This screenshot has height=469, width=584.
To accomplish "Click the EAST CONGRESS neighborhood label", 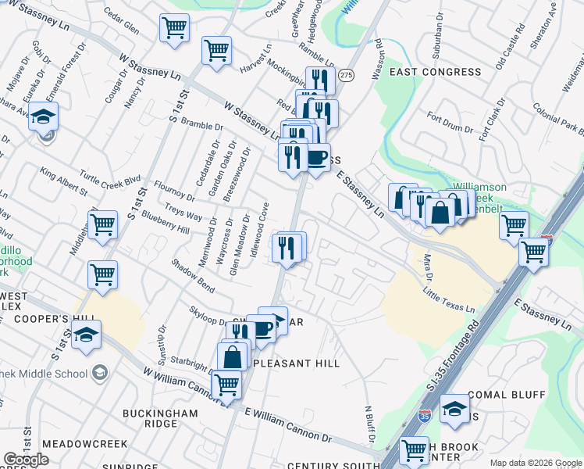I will coord(436,72).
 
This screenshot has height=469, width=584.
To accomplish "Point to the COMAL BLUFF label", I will coord(506,395).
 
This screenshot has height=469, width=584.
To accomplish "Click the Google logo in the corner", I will coord(26,460).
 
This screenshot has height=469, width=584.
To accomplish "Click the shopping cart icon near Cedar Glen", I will coord(175,29).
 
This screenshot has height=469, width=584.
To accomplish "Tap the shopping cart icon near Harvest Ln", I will coord(216,51).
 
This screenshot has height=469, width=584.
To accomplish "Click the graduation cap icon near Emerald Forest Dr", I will coord(44,119).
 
